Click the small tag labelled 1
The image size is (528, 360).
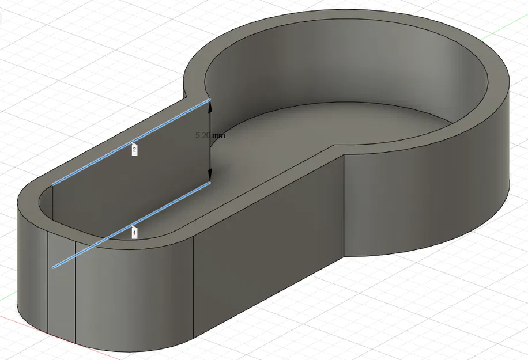134,233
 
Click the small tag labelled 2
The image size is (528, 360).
134,150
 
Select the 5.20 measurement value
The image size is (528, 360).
202,135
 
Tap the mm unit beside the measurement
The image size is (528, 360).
218,135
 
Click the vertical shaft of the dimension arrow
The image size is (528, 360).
210,156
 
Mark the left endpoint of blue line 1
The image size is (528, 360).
54,267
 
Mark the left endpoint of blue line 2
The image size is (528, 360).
53,184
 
